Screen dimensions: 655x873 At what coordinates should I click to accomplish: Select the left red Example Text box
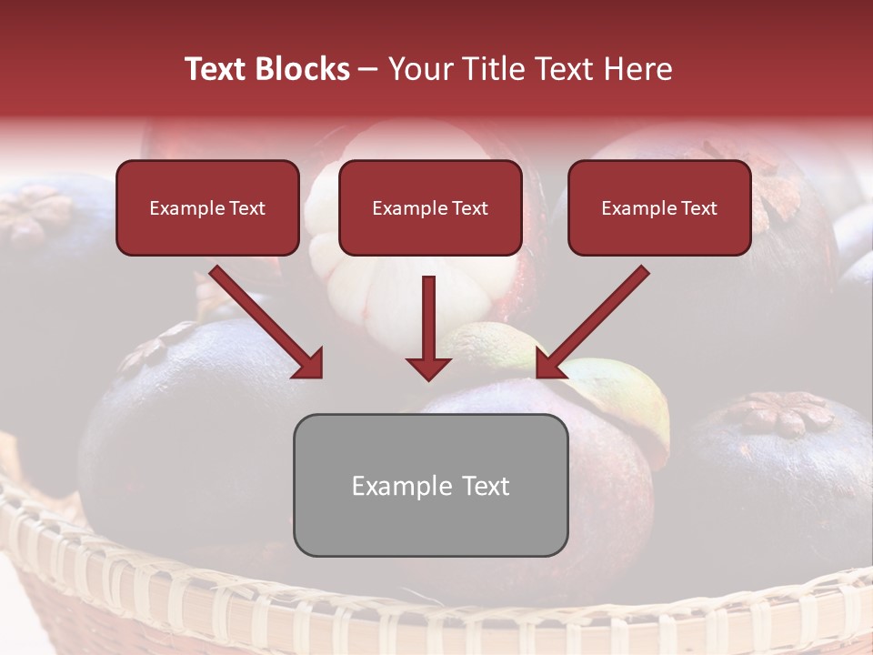207,207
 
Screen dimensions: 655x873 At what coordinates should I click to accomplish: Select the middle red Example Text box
430,207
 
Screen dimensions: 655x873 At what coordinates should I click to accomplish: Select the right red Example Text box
659,207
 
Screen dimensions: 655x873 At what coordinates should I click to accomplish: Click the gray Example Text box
430,485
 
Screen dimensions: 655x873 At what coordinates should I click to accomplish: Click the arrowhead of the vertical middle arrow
428,368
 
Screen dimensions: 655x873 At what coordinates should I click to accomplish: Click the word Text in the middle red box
469,208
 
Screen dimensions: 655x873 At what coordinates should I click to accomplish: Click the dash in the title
368,69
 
